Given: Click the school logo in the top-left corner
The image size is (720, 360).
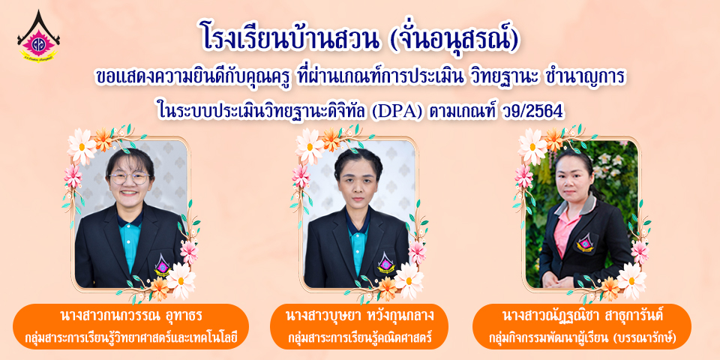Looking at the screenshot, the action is [x=38, y=36].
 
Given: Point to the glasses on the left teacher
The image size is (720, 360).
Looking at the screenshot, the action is [x=130, y=178].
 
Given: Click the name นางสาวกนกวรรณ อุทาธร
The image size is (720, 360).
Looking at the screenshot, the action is [x=130, y=316].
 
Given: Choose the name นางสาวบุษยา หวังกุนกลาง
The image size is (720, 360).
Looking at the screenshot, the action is [x=359, y=316].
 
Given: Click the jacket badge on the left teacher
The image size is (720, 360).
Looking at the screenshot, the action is [x=162, y=266].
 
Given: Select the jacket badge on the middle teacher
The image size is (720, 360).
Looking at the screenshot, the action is [x=385, y=263].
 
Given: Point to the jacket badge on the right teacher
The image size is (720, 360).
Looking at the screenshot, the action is [x=585, y=243].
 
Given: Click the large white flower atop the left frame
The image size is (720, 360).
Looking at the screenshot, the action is [x=82, y=146].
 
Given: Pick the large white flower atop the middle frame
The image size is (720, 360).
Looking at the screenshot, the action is [x=310, y=146].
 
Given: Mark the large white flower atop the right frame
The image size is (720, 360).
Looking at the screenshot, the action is [x=532, y=146].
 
